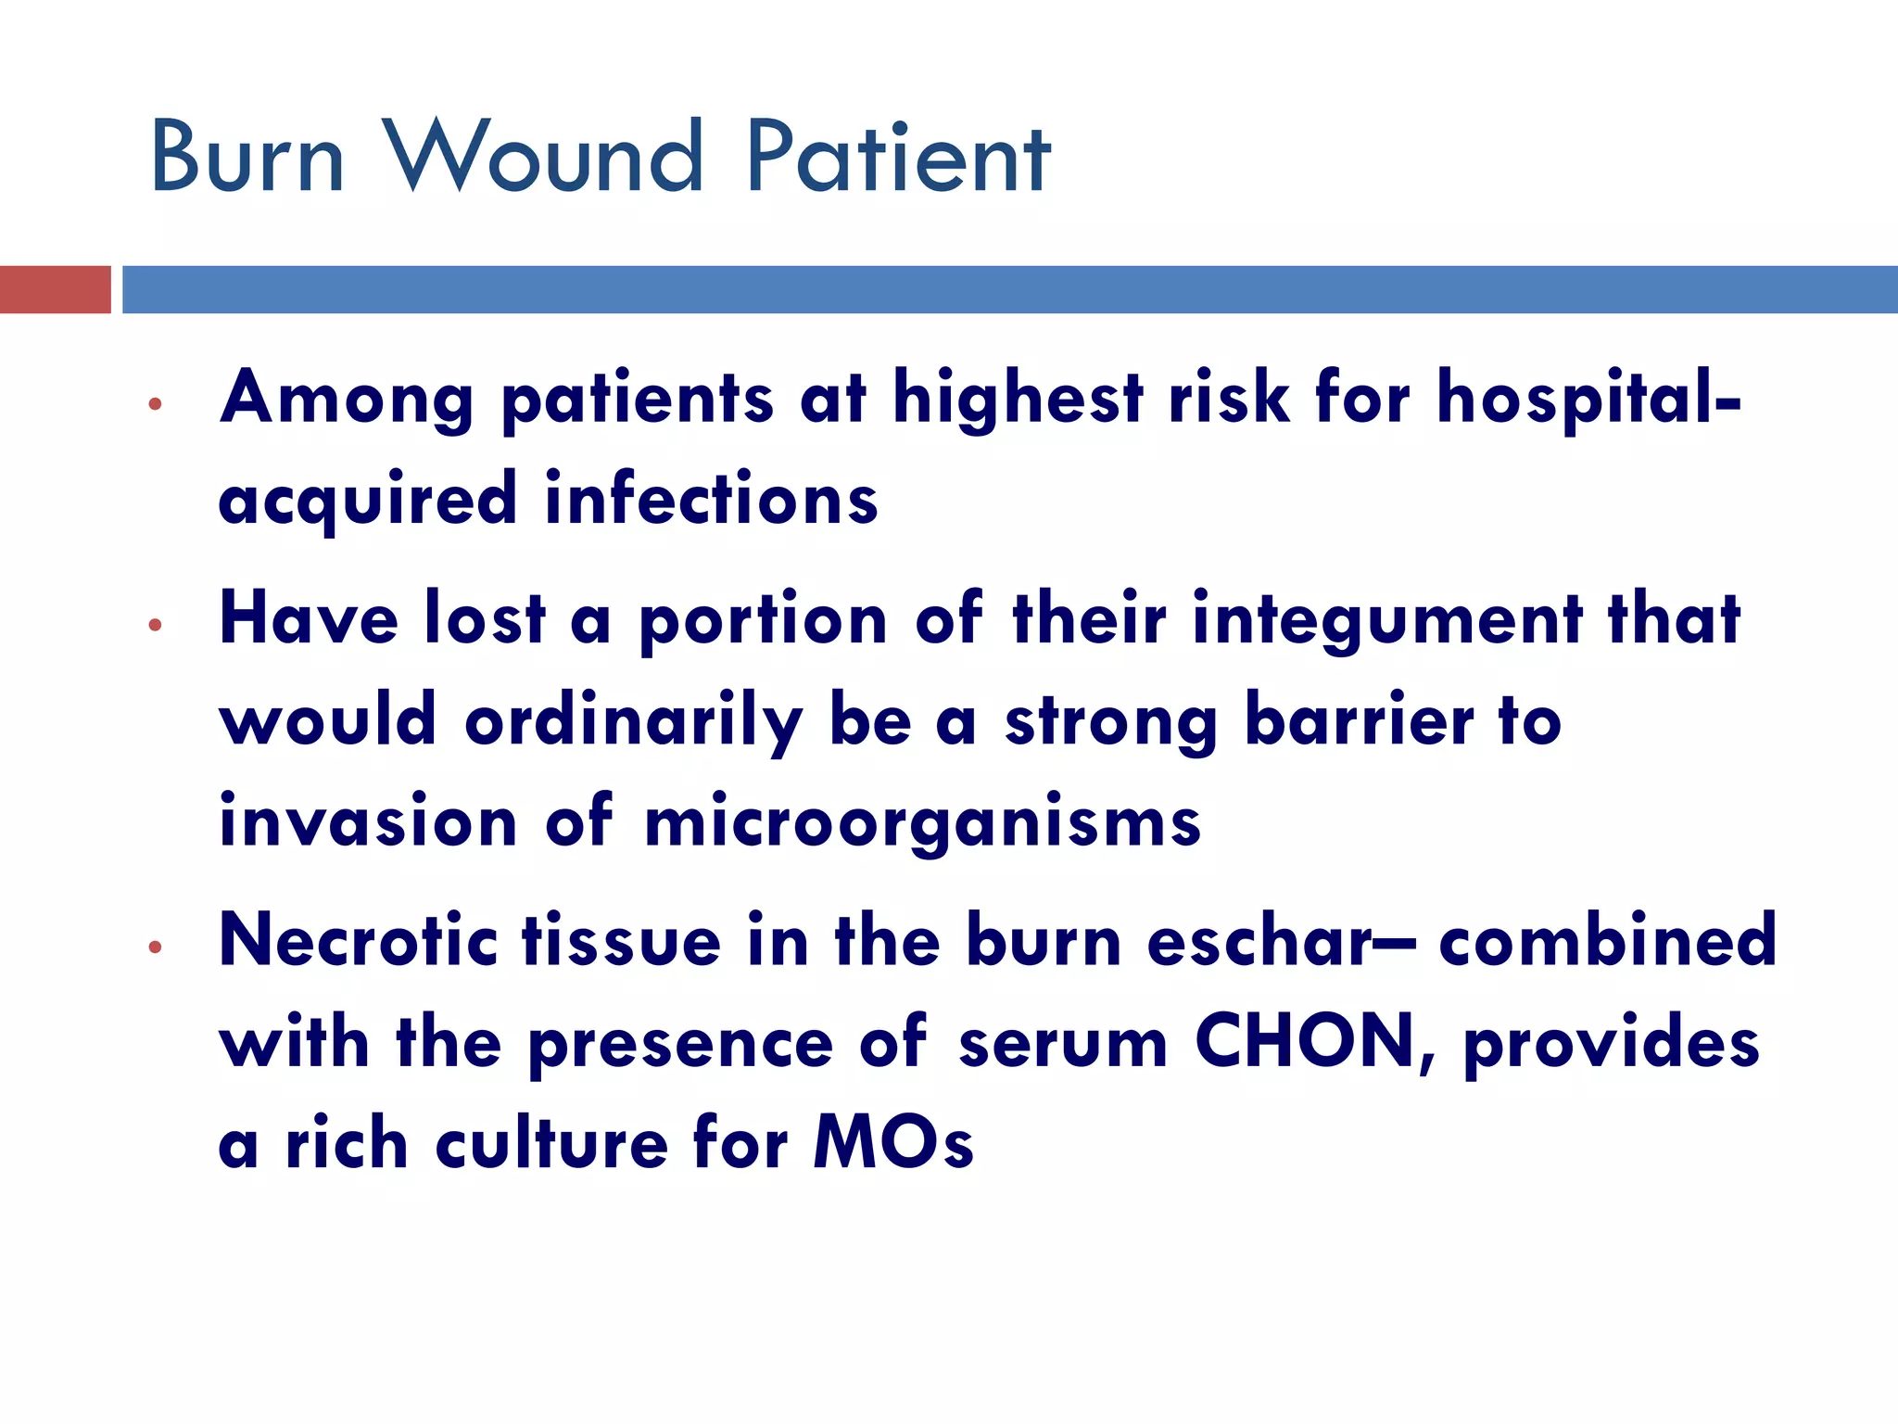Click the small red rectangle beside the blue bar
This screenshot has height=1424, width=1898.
55,289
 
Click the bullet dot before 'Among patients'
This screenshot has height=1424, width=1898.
155,404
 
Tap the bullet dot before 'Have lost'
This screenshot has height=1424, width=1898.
155,626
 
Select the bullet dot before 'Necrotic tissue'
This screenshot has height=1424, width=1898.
155,947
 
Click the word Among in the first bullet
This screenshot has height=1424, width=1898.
347,399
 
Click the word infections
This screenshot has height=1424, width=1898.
711,499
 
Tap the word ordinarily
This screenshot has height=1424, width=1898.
634,721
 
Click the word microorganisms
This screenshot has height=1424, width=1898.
922,823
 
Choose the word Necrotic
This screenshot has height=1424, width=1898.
358,940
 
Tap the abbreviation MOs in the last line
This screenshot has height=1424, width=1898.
893,1142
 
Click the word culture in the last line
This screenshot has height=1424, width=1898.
551,1142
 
